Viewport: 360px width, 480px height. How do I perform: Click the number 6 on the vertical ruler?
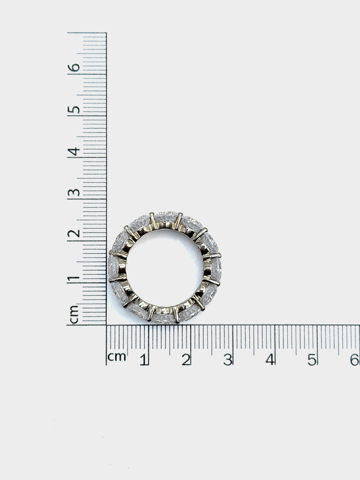[74, 68]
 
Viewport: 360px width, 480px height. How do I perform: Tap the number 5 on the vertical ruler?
[74, 110]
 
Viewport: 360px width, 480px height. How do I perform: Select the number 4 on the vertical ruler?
[74, 151]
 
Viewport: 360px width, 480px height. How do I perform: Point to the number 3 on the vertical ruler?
[74, 192]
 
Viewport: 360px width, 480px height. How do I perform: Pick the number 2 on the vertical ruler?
[74, 234]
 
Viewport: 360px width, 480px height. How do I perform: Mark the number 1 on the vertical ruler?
[74, 279]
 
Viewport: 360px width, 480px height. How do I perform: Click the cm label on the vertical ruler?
[74, 314]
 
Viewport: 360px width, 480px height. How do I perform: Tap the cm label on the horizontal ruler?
[117, 357]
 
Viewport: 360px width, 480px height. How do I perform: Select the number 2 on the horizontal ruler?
[186, 360]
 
